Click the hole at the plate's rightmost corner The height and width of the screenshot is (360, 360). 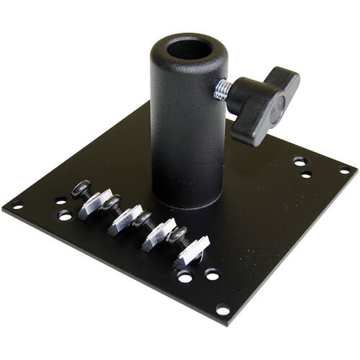(x=345, y=171)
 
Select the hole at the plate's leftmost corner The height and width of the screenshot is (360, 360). (x=17, y=206)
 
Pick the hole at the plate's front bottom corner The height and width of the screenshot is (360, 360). (x=222, y=311)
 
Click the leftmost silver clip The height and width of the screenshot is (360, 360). (x=93, y=204)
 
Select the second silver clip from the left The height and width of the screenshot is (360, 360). (x=125, y=219)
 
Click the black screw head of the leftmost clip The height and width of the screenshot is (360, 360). (x=81, y=188)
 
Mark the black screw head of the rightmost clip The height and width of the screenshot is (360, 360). (x=178, y=235)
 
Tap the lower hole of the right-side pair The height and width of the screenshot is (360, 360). (x=306, y=175)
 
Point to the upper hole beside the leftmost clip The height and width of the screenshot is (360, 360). (x=61, y=201)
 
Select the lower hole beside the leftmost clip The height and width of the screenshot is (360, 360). (x=66, y=215)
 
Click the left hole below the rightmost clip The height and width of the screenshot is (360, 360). (x=186, y=277)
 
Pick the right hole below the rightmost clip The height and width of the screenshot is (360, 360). (x=212, y=274)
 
